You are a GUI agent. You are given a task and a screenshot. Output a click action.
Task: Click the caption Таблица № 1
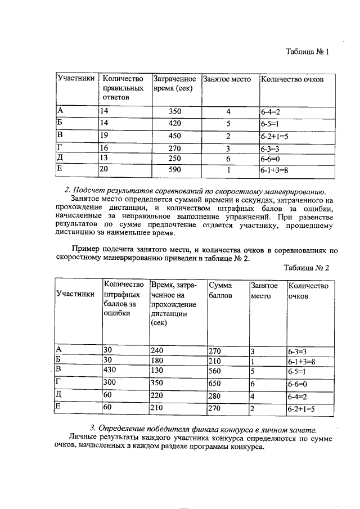307,52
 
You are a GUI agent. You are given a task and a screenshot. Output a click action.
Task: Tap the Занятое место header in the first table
226,79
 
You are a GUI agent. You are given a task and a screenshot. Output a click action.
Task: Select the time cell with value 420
175,123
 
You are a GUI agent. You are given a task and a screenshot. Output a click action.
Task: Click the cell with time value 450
175,136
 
